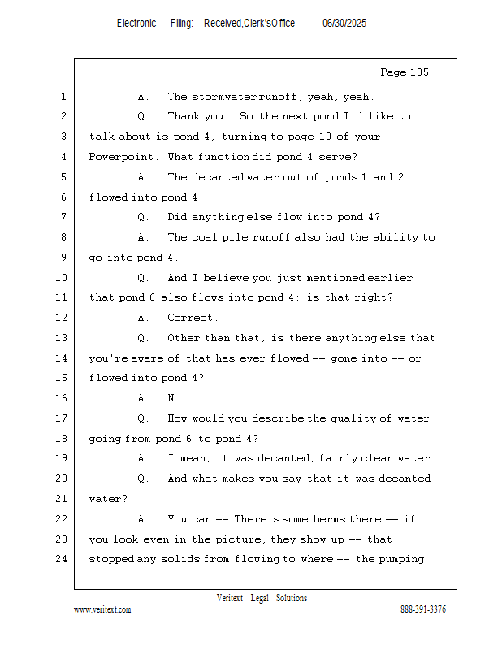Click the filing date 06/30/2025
(x=344, y=24)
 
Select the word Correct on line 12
(x=192, y=318)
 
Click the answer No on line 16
(x=176, y=398)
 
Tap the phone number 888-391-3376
(x=423, y=609)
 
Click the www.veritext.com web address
(x=102, y=609)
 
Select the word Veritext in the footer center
(x=230, y=598)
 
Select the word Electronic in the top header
(x=136, y=24)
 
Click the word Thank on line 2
(x=186, y=116)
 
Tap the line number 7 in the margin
(x=64, y=217)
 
